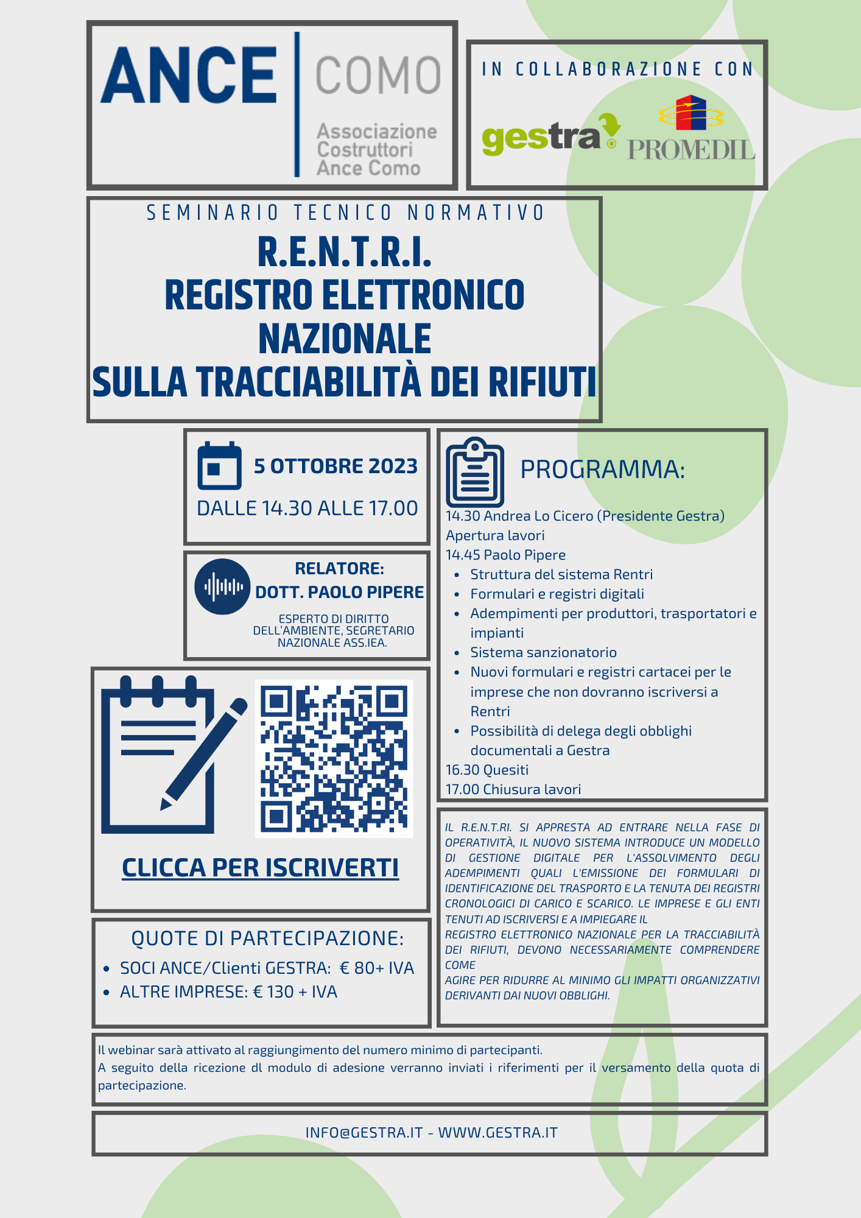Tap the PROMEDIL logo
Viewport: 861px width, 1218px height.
pos(691,129)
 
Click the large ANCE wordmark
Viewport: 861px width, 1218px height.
pos(189,76)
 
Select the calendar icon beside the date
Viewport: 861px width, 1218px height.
pos(219,466)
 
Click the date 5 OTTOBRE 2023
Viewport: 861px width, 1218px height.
pos(336,466)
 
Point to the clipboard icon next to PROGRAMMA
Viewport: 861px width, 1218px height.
pos(475,472)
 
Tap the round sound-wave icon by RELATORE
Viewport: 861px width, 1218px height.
pos(222,586)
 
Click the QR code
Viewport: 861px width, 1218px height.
pos(334,759)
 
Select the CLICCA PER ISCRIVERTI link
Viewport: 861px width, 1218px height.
pos(260,868)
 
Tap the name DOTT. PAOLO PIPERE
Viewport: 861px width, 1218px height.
pos(339,592)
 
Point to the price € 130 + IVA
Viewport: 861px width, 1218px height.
pos(295,992)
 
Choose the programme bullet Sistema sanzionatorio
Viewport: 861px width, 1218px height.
pos(543,652)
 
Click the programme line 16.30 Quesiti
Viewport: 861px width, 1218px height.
pos(487,770)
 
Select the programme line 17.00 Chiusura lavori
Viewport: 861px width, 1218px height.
pos(513,789)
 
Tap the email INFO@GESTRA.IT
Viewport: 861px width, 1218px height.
pos(364,1133)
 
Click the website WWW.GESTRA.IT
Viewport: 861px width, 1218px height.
pos(498,1133)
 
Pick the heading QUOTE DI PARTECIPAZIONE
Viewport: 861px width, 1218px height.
pos(267,938)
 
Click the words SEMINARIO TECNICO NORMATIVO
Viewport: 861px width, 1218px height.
pos(345,213)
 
